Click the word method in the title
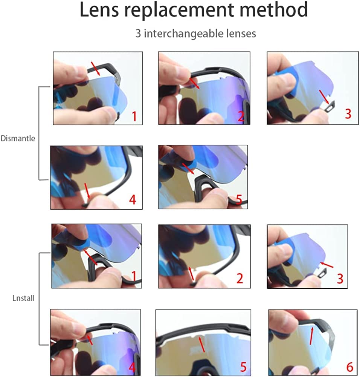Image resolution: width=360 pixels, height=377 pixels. [274, 10]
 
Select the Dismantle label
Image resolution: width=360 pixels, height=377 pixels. [18, 138]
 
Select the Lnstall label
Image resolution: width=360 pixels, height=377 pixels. [23, 298]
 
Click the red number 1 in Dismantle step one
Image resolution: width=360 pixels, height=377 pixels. [134, 116]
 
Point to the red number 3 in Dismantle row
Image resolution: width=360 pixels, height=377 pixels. [348, 113]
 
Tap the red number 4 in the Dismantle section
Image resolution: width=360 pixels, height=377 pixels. [133, 199]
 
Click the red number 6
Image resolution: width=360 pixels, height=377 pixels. [350, 367]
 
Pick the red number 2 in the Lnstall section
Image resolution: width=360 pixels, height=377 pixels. [239, 278]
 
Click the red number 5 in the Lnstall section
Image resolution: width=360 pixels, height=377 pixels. [243, 367]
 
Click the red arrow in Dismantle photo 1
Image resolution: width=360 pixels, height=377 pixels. [96, 69]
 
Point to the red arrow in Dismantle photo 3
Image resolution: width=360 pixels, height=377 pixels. [324, 97]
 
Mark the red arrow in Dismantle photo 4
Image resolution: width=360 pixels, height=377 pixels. [87, 191]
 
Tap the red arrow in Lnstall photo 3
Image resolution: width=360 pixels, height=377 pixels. [326, 265]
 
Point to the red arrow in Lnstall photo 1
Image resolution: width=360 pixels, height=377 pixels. [90, 257]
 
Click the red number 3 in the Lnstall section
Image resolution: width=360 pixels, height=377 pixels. [340, 279]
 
